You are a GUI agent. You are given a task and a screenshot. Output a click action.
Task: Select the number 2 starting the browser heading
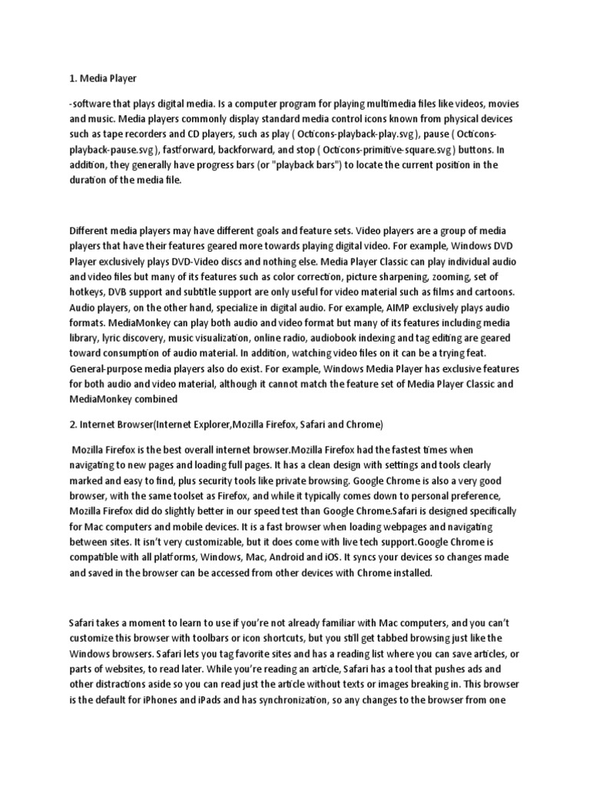point(72,424)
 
